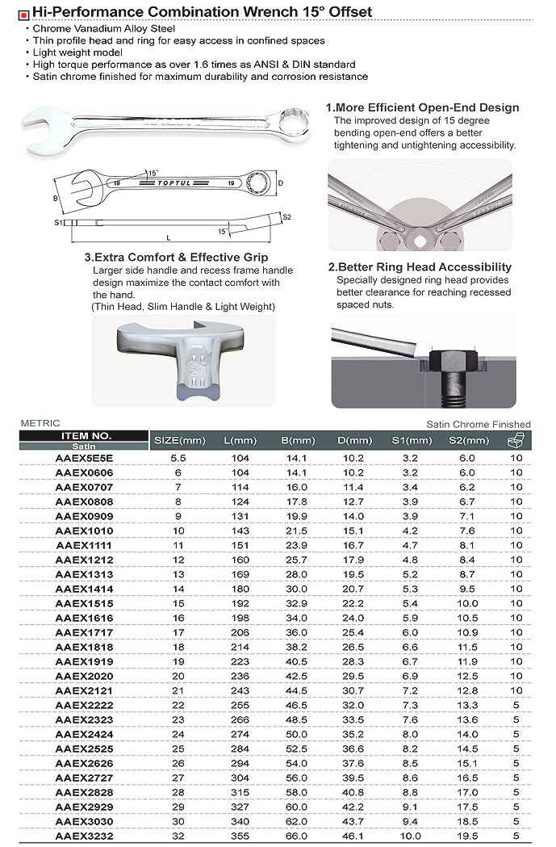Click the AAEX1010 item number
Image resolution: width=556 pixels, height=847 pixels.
(x=84, y=530)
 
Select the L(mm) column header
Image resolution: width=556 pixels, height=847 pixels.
(x=240, y=440)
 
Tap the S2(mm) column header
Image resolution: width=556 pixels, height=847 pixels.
(x=468, y=440)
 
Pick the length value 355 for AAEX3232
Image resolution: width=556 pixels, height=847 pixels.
(x=240, y=836)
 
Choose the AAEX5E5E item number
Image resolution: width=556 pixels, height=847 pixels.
(x=84, y=458)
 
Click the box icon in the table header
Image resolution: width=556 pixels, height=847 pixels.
(x=516, y=439)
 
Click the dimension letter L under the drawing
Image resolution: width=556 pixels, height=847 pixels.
(x=168, y=237)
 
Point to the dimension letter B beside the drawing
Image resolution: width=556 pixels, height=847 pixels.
(x=56, y=197)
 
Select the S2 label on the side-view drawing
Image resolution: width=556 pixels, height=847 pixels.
(x=286, y=216)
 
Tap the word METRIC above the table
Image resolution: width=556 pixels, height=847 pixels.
(x=40, y=423)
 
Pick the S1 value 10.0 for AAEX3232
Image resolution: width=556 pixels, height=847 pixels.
(x=412, y=836)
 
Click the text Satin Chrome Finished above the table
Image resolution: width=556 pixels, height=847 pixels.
(x=478, y=424)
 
